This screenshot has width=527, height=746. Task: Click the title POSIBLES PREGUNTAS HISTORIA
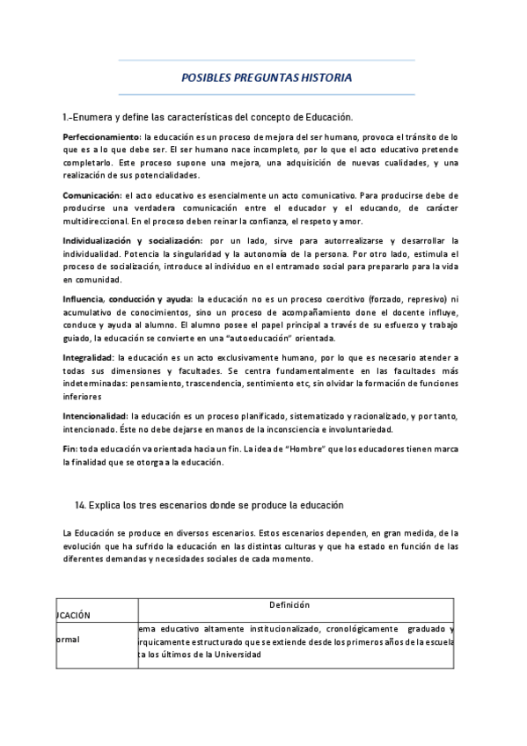266,77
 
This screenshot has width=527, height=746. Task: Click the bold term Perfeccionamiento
101,137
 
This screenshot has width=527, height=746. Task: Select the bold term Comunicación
91,194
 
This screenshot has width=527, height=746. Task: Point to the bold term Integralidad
88,358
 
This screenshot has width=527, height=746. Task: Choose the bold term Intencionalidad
95,415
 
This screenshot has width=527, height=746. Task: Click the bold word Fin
70,449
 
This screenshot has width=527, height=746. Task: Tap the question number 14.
81,505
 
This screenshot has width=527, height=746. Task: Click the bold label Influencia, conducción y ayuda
128,298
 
